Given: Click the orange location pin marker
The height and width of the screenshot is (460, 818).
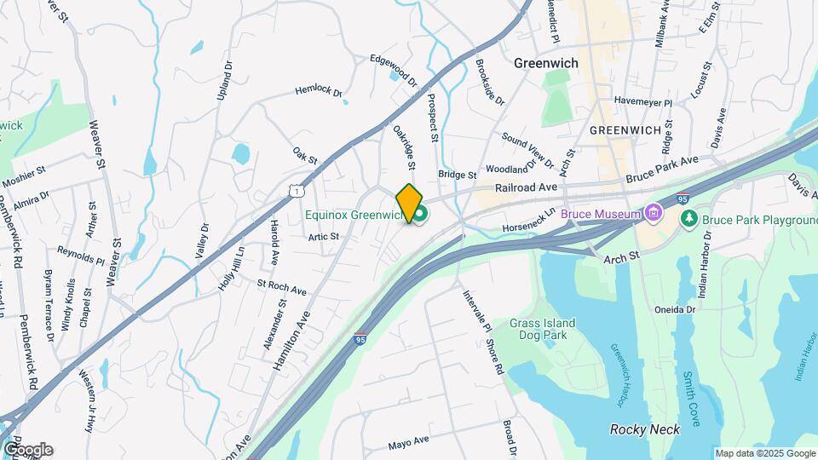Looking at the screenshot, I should (x=409, y=203).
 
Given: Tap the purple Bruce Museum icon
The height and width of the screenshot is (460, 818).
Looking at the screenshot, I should (x=654, y=212).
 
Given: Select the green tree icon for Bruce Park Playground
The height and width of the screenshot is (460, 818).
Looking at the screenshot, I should (x=689, y=219).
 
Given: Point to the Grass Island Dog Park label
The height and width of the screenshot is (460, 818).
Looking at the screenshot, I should (x=543, y=329).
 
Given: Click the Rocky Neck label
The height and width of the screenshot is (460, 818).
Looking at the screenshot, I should (x=645, y=429).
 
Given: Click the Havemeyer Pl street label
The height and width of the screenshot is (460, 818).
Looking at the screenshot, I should (x=643, y=102).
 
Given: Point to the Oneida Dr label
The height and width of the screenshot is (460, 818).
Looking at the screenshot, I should (x=676, y=309).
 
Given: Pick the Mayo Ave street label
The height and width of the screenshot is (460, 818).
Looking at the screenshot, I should (x=409, y=443).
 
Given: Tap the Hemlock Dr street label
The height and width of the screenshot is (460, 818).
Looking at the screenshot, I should (x=318, y=90).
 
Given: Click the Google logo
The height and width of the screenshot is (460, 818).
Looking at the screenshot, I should (x=27, y=449).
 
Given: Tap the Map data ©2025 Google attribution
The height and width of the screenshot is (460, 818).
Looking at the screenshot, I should (x=764, y=453).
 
